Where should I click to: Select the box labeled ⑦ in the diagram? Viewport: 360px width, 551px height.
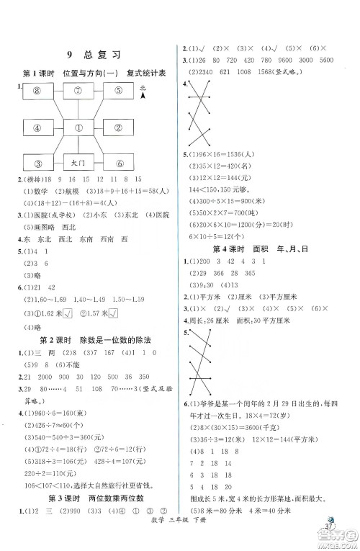tap(79, 91)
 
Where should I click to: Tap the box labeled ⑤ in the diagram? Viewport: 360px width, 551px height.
tap(119, 91)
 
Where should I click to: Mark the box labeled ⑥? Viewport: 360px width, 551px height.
tap(119, 163)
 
